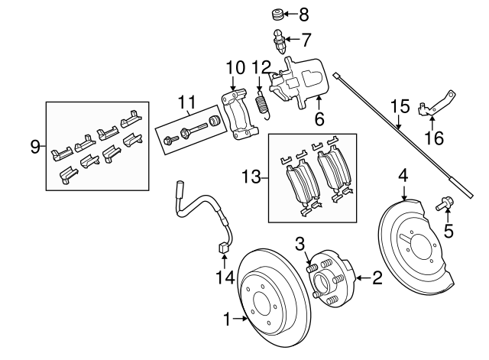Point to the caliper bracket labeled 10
237,115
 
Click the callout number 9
34,146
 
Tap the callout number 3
303,243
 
